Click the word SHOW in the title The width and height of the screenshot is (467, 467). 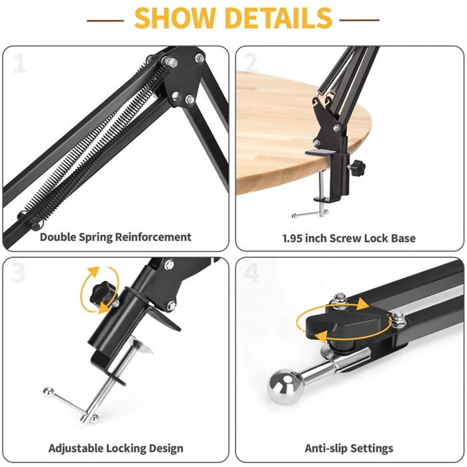coord(175,19)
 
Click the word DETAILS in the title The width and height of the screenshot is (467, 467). coord(279,19)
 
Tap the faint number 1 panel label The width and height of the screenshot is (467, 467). coord(20,63)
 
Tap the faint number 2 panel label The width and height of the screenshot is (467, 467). coord(250,63)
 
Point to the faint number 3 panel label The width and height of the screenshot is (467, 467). coord(19,273)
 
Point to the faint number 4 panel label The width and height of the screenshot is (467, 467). coord(252,273)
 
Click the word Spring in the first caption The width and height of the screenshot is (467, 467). coord(96,238)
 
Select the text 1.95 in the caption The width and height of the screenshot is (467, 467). coord(292,238)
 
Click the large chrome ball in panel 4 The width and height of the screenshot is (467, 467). coord(285,387)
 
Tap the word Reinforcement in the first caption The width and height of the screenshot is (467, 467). coord(153,237)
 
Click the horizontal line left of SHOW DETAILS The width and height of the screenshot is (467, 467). coord(105,21)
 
